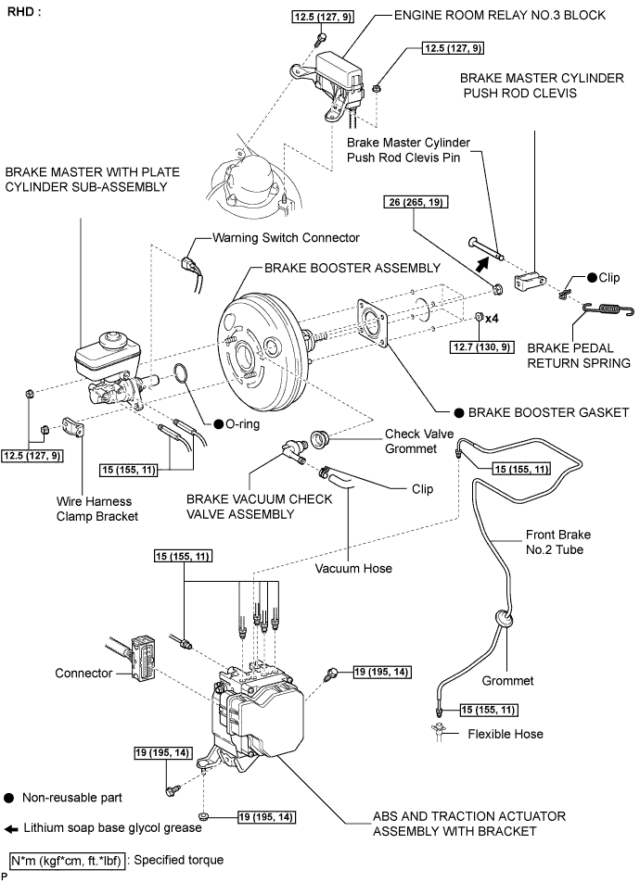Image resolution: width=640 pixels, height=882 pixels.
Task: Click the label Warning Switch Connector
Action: point(286,238)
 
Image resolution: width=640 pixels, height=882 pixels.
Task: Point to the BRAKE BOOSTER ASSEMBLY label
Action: point(352,268)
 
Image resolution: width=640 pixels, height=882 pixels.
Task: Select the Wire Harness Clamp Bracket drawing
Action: point(73,427)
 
